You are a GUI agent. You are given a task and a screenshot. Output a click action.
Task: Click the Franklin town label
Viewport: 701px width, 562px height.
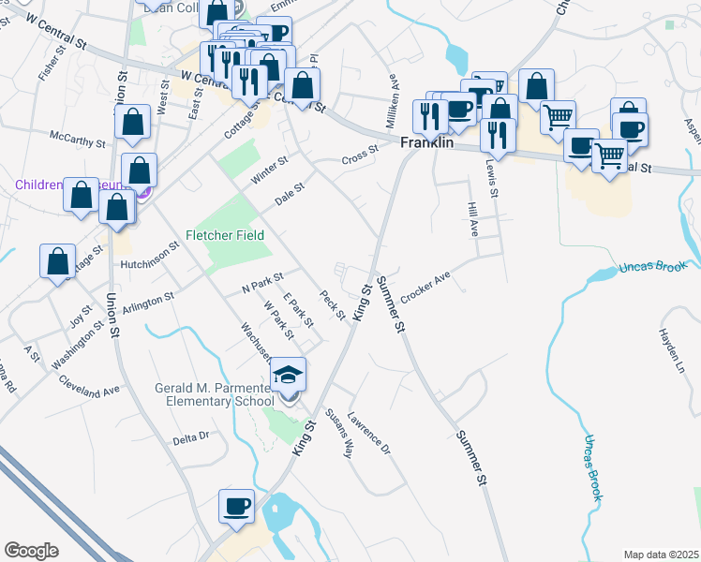(427, 145)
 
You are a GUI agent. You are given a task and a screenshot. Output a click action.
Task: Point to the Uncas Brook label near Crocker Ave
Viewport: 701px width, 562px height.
(652, 267)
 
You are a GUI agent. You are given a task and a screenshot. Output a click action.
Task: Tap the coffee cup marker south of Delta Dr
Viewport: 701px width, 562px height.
(236, 507)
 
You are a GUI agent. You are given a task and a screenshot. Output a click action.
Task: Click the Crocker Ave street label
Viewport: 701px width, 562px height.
(426, 287)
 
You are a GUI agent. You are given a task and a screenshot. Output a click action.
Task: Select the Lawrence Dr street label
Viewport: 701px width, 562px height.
(368, 433)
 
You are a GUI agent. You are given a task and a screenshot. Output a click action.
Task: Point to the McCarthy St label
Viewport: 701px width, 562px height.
(79, 141)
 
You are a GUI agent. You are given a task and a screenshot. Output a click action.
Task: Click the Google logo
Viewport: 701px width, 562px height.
(31, 551)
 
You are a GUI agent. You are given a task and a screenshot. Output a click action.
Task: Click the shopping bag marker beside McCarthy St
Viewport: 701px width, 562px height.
(133, 122)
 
